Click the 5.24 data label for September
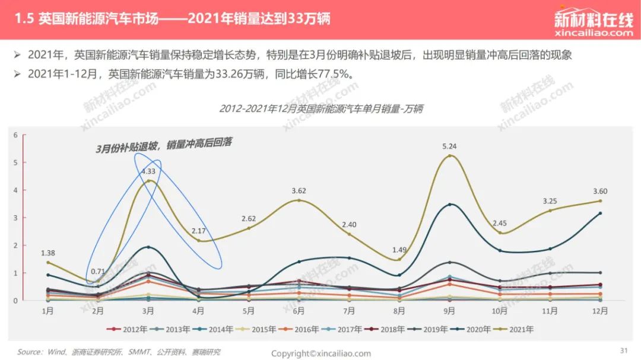[449, 146]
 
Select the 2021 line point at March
[148, 181]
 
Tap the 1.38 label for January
[48, 253]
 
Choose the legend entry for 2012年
[126, 329]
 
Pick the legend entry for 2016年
[298, 329]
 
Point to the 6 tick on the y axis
[15, 135]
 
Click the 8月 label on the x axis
[399, 311]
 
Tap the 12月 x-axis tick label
[599, 311]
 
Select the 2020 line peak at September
[450, 204]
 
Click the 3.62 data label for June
[299, 191]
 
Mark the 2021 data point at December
[600, 201]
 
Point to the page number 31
[624, 351]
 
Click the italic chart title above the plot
[321, 109]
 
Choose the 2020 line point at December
[600, 214]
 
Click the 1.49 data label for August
[399, 250]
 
